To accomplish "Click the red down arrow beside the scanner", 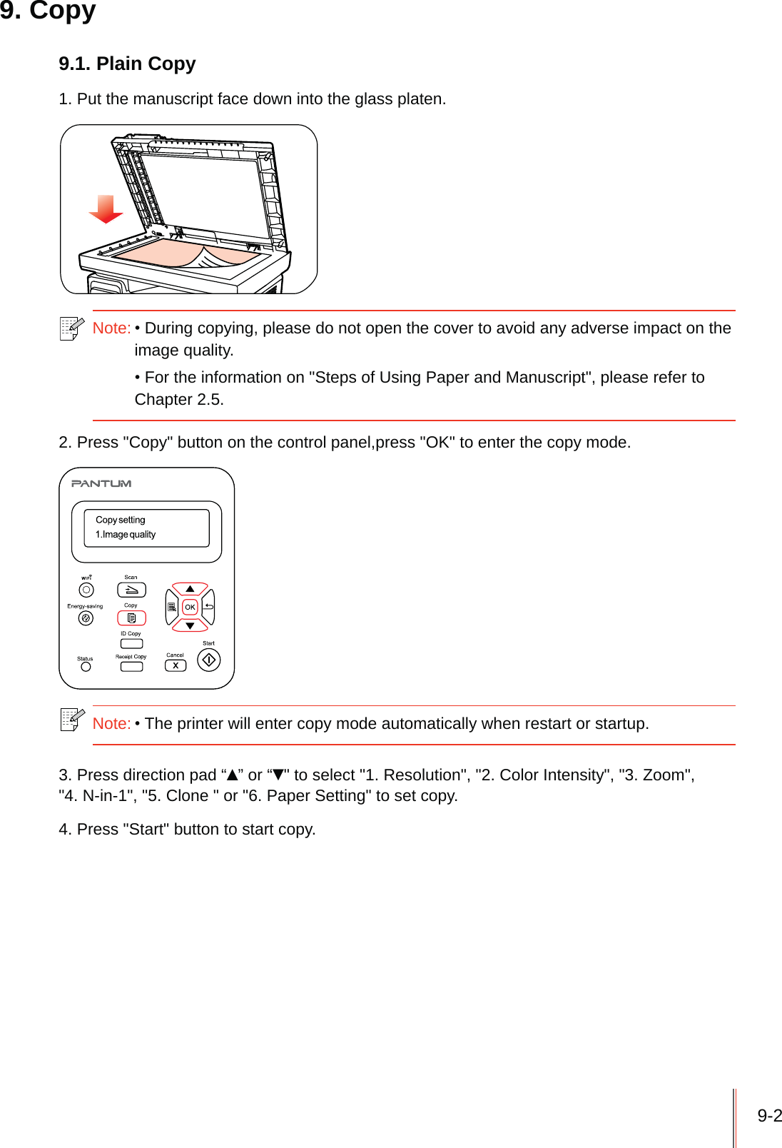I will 106,209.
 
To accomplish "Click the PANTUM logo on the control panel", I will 101,483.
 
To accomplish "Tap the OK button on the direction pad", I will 190,607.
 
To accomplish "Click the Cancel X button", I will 176,665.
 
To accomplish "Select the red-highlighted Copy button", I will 131,618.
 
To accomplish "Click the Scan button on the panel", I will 131,590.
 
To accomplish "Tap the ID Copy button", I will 131,643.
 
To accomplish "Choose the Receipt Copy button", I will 131,667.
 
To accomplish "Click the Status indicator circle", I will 86,667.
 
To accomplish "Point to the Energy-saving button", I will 86,618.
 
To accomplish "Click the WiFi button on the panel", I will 86,590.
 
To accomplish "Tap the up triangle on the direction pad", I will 190,589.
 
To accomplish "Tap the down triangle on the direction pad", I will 190,625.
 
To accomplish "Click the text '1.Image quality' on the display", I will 126,535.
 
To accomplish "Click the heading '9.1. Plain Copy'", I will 127,64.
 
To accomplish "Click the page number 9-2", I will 769,1116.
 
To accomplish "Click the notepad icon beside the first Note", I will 71,328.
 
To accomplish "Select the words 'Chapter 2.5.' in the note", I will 179,400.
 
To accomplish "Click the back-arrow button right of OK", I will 209,607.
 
